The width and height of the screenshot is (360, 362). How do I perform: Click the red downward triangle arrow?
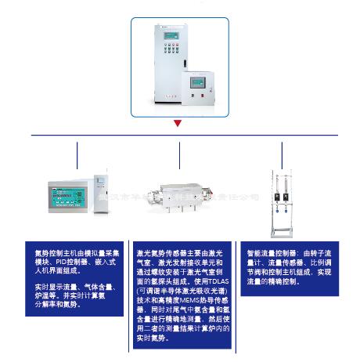coord(179,123)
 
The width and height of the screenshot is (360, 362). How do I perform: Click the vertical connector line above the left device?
coord(77,156)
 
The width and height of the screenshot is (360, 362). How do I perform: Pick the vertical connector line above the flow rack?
coord(283,156)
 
